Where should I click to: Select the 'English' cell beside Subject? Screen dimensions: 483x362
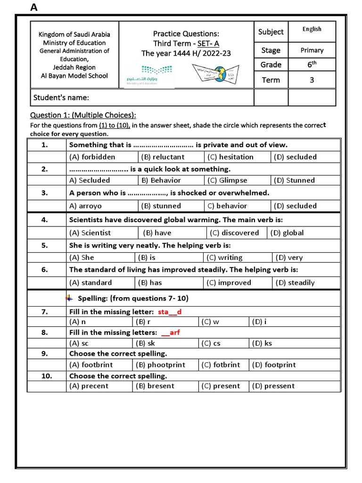pyautogui.click(x=312, y=29)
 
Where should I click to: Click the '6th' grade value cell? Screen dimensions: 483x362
pyautogui.click(x=312, y=64)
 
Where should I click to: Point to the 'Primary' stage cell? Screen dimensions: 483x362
pyautogui.click(x=312, y=50)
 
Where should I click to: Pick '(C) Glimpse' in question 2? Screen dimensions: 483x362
pyautogui.click(x=227, y=180)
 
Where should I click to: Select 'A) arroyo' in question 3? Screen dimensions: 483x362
pyautogui.click(x=85, y=206)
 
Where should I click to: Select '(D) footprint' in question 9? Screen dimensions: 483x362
pyautogui.click(x=273, y=365)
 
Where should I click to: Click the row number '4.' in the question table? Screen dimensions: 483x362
pyautogui.click(x=45, y=219)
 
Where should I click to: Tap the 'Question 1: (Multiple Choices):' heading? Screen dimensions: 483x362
pyautogui.click(x=83, y=115)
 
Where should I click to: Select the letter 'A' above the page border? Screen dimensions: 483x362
pyautogui.click(x=33, y=7)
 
